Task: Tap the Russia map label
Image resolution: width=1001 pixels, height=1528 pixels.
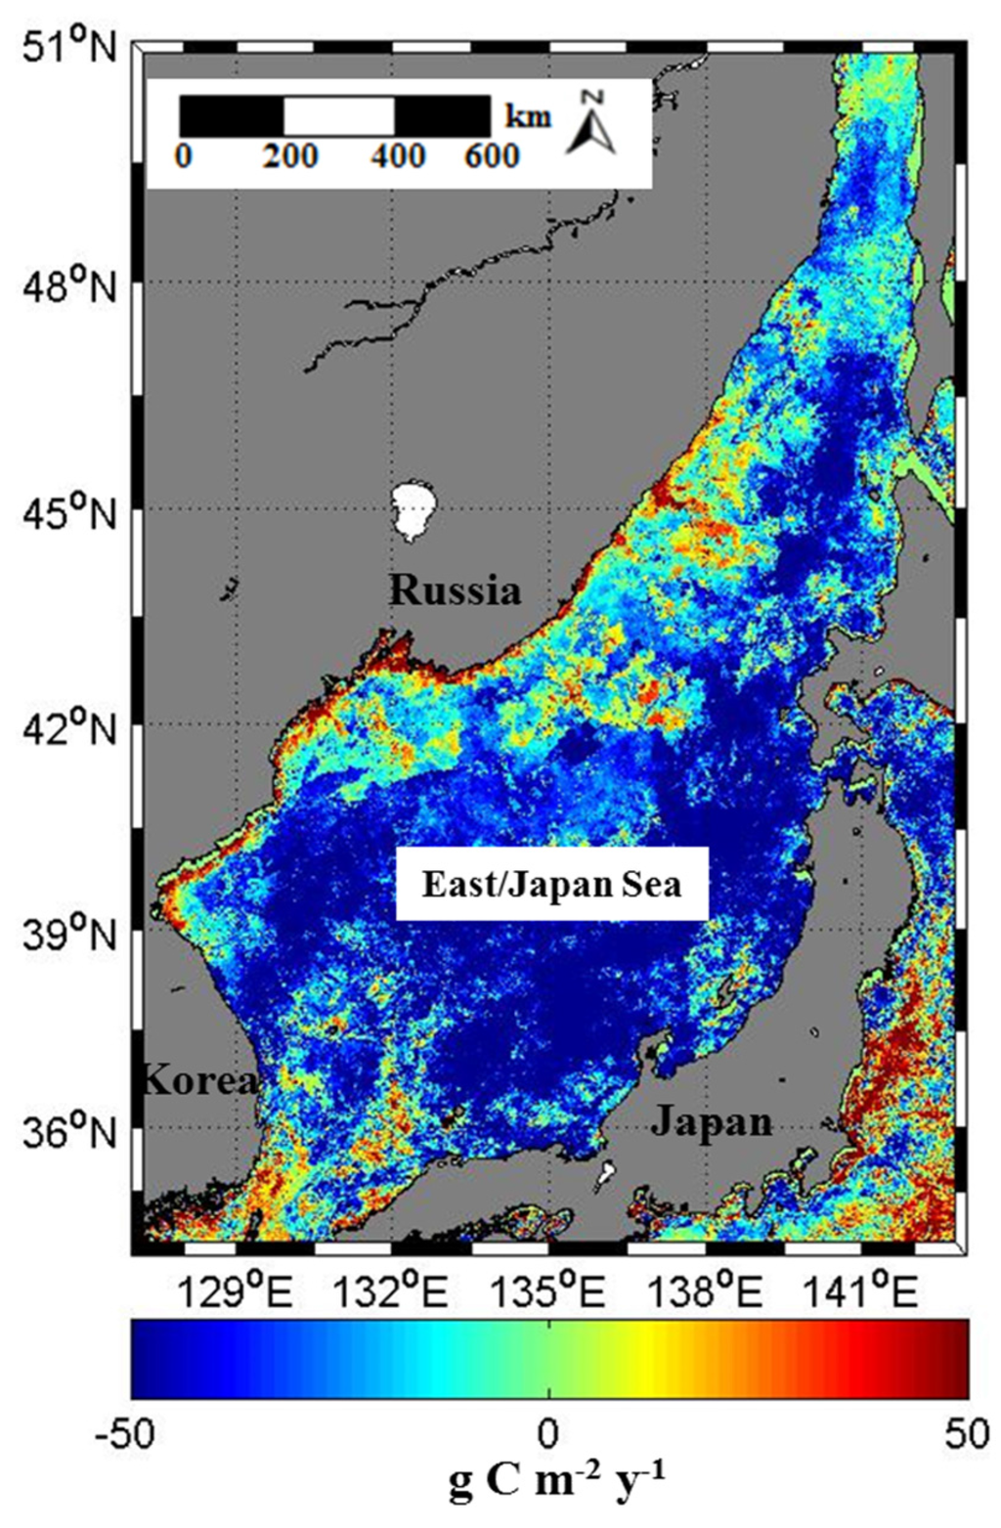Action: (x=456, y=590)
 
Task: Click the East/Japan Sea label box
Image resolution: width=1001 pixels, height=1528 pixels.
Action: (x=551, y=885)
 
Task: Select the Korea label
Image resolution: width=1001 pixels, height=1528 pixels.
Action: (x=199, y=1080)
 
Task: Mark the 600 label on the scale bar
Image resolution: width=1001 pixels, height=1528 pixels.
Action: (x=492, y=156)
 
